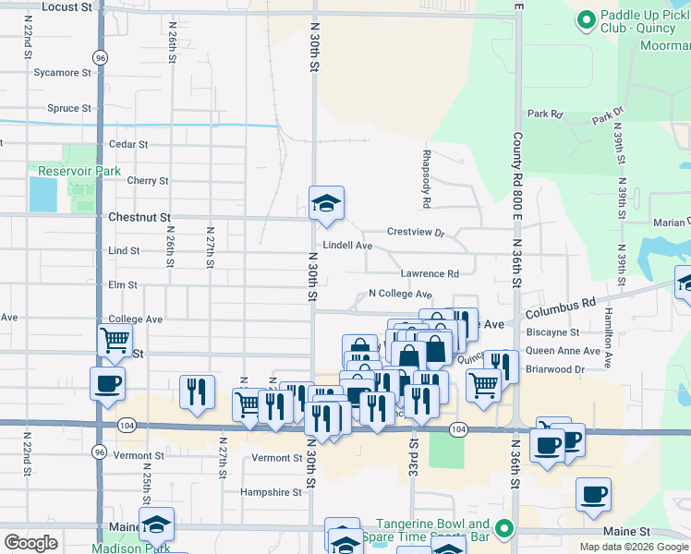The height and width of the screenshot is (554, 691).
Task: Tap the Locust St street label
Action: click(67, 6)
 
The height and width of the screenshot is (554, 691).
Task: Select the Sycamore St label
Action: click(62, 72)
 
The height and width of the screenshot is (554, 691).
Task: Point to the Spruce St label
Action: click(63, 108)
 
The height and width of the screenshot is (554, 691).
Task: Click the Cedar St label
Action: click(128, 145)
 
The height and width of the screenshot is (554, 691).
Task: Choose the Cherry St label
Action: click(148, 181)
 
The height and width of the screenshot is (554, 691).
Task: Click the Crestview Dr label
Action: click(416, 232)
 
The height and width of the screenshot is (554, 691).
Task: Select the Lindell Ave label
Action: click(346, 247)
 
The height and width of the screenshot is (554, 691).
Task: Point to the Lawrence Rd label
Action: click(430, 274)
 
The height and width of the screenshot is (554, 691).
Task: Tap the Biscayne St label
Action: click(552, 332)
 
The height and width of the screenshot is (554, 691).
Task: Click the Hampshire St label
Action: click(271, 493)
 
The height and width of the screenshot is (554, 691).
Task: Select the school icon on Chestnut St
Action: click(326, 204)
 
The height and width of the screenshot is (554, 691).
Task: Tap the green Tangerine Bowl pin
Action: click(503, 529)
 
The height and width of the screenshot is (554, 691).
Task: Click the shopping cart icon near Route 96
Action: click(115, 339)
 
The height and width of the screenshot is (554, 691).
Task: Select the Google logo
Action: click(30, 543)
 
